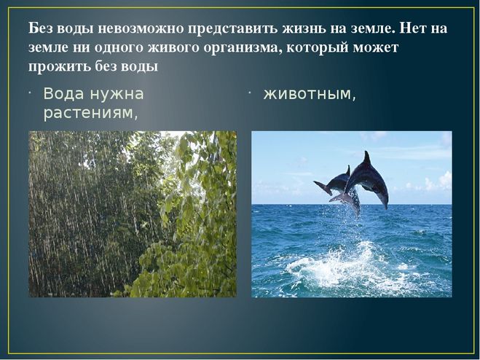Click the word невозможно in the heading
[141, 28]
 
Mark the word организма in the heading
[243, 48]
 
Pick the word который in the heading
[317, 48]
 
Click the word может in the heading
[376, 48]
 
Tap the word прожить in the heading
[59, 67]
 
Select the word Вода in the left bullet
[63, 94]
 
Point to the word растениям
[90, 114]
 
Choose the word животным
[310, 94]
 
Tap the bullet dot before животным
[250, 92]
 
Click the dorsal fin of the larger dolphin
[366, 158]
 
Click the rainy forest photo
[133, 214]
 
